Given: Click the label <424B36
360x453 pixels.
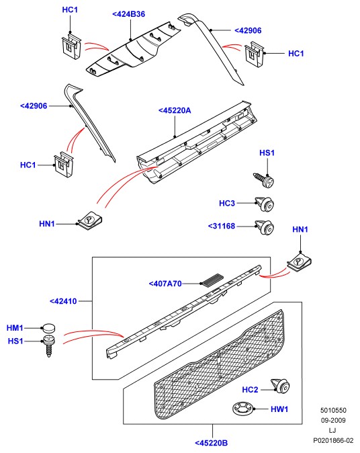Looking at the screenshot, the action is [128, 14].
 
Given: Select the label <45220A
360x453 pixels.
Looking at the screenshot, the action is [175, 110].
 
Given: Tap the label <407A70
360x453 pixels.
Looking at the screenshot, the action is [165, 284].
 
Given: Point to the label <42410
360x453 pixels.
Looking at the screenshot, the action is [63, 301].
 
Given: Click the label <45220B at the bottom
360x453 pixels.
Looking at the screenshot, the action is [212, 443].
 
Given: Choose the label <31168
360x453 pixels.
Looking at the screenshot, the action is [222, 226].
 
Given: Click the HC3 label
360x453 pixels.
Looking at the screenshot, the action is [227, 203].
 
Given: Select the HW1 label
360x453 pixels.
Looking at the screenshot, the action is [279, 409].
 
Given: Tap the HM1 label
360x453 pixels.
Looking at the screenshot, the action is [15, 328].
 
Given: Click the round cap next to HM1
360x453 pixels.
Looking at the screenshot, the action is [49, 328].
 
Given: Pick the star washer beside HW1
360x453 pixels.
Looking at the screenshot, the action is [242, 408].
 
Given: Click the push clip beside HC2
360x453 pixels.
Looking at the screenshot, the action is [280, 386].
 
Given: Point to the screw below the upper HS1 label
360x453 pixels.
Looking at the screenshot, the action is [264, 179].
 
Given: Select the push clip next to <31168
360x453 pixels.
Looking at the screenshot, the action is [265, 228].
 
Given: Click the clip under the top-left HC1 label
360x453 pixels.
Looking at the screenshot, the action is [71, 46].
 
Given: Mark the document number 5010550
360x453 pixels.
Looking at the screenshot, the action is [333, 410].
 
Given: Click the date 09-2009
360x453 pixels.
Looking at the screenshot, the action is [333, 420].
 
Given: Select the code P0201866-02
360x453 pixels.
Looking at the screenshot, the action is [333, 441].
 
